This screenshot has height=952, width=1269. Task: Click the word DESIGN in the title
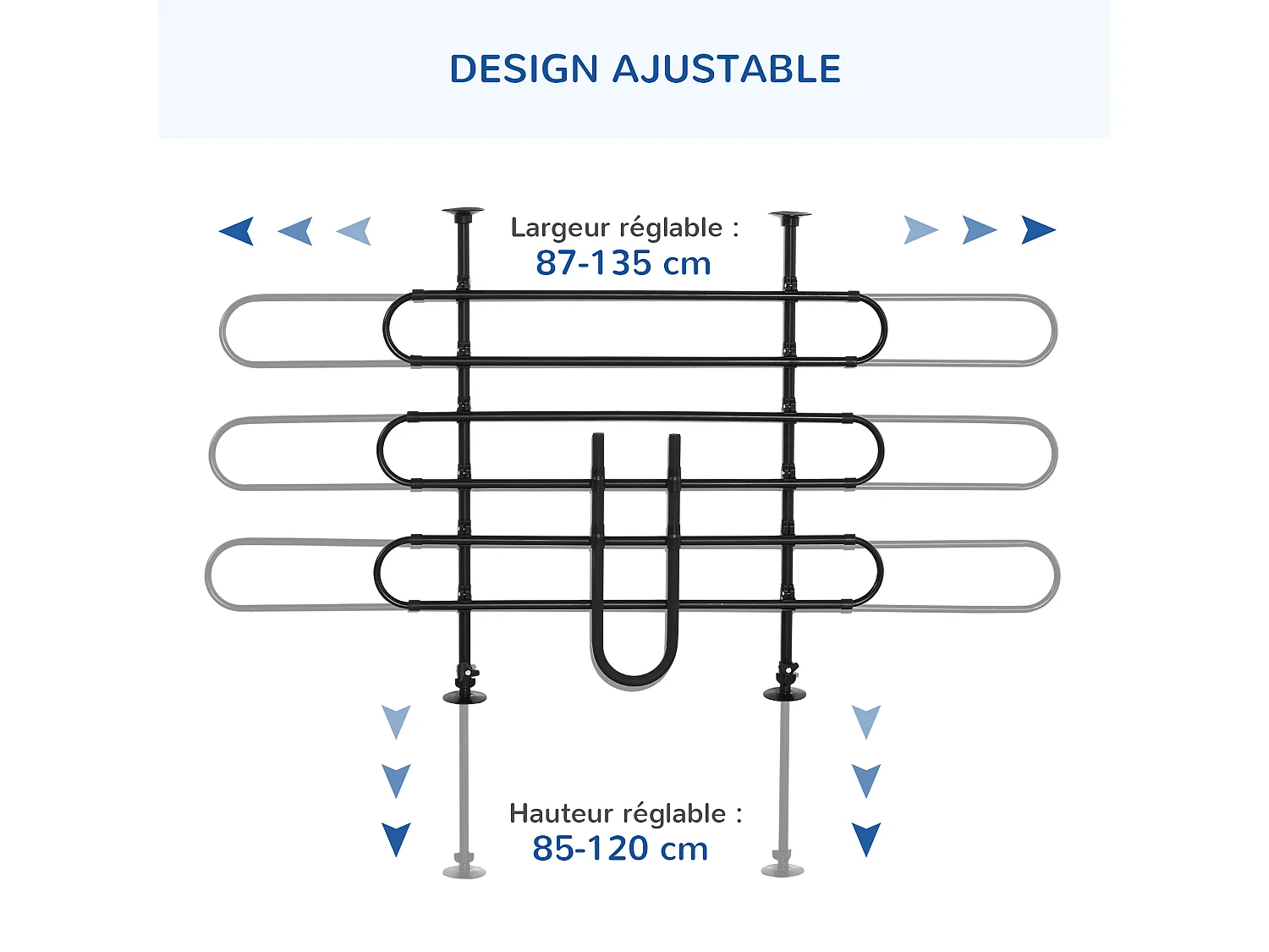(524, 69)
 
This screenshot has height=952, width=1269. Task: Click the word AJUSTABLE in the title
(727, 69)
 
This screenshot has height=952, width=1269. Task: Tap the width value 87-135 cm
(624, 263)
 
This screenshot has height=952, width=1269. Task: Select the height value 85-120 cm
(620, 848)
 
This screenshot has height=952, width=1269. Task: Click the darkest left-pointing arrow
(237, 230)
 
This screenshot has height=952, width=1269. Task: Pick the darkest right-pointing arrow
(1037, 229)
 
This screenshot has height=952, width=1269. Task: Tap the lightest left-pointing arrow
(354, 230)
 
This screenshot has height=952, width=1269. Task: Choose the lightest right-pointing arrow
(920, 229)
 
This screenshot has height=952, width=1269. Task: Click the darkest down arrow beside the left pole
(396, 839)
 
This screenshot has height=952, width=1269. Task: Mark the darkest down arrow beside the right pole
(866, 839)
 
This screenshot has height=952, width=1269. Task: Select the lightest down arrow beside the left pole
(396, 721)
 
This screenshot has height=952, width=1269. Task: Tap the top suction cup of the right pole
(790, 216)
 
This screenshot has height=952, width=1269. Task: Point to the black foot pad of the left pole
(464, 696)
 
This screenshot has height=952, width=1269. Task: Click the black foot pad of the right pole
(784, 694)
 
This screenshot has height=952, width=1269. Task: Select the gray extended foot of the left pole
(464, 871)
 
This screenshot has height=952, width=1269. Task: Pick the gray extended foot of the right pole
(783, 869)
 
